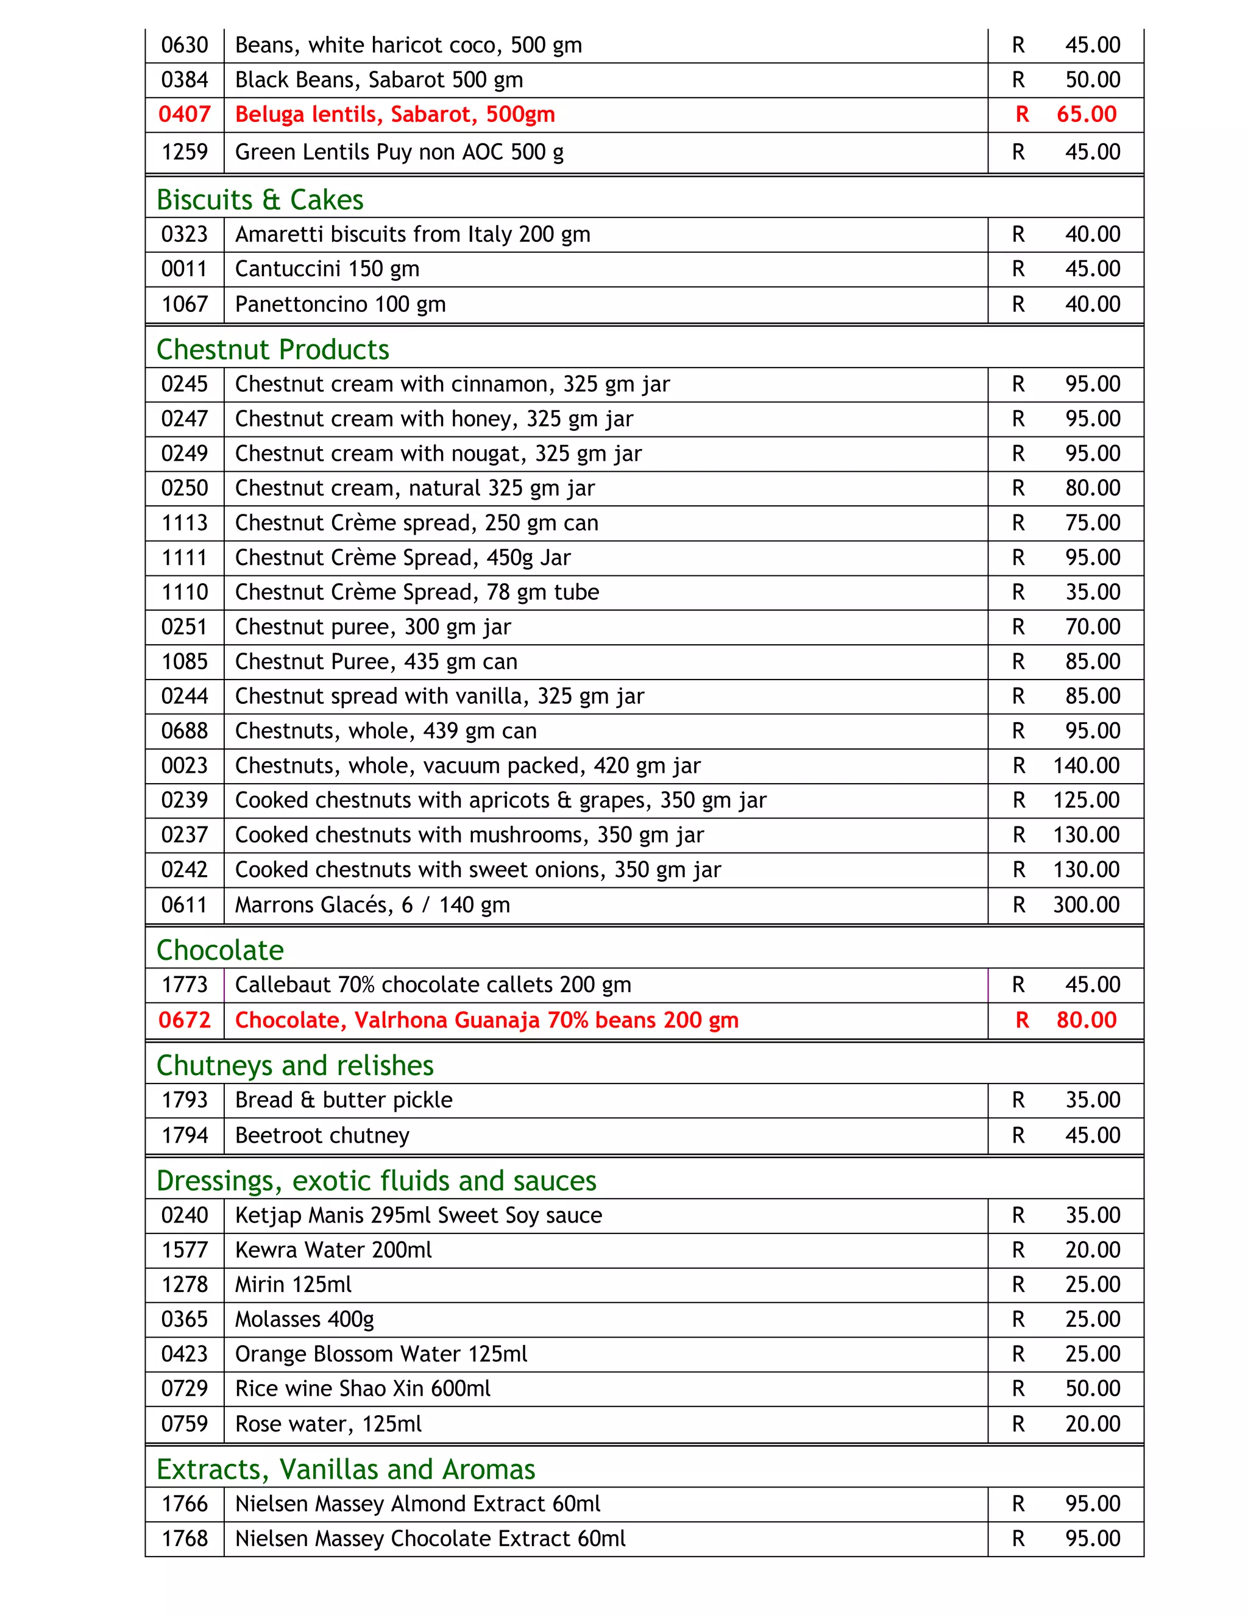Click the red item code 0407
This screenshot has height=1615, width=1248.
pyautogui.click(x=184, y=115)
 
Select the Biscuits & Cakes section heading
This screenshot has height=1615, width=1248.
pyautogui.click(x=260, y=200)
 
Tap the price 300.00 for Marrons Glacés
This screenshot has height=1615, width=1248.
pyautogui.click(x=1085, y=904)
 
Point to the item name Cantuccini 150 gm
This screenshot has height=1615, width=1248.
pyautogui.click(x=327, y=269)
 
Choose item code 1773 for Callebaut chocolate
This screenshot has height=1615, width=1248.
pyautogui.click(x=184, y=985)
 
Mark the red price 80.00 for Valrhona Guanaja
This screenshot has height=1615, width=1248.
pyautogui.click(x=1085, y=1020)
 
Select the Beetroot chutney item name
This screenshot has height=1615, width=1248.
pyautogui.click(x=322, y=1135)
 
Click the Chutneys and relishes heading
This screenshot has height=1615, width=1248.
pyautogui.click(x=294, y=1065)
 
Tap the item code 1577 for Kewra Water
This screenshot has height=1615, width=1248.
pyautogui.click(x=184, y=1251)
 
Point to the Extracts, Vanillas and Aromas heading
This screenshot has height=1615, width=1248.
pyautogui.click(x=346, y=1469)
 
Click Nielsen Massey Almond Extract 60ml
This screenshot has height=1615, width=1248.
pyautogui.click(x=417, y=1504)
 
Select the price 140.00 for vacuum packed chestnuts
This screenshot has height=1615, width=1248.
pyautogui.click(x=1085, y=765)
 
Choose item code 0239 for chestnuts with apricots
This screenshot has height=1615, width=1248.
pyautogui.click(x=184, y=800)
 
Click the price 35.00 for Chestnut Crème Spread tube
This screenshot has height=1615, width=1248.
pyautogui.click(x=1092, y=592)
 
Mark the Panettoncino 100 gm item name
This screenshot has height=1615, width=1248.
pyautogui.click(x=340, y=305)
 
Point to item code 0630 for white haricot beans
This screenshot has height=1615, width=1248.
pyautogui.click(x=184, y=46)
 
